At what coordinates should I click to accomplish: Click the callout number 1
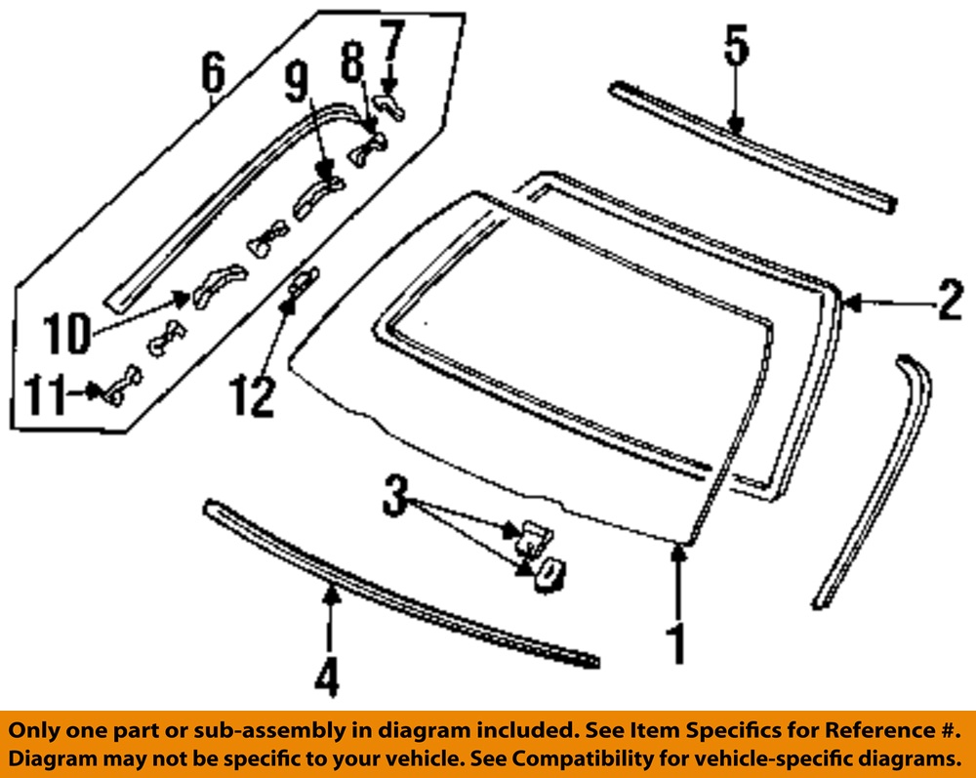click(675, 644)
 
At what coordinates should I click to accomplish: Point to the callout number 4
click(329, 675)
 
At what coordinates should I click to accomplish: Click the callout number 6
click(213, 73)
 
